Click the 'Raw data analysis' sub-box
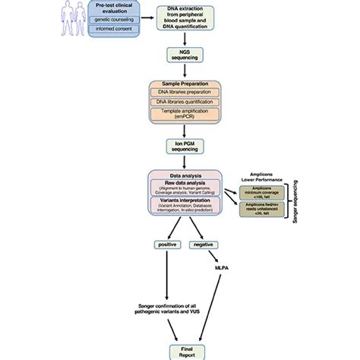(184, 187)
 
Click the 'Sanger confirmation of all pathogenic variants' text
(163, 307)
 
